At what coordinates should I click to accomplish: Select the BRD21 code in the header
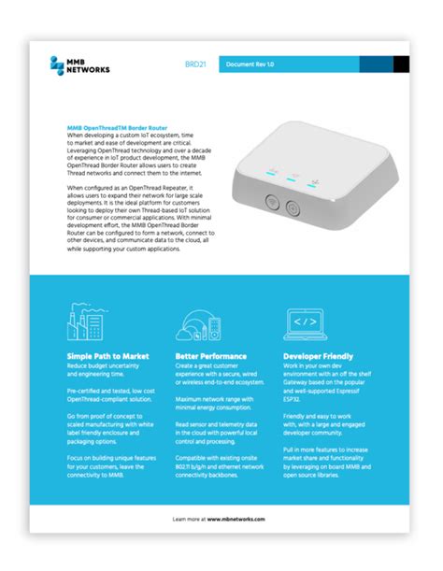pos(196,64)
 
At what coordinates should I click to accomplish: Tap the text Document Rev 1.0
pos(249,64)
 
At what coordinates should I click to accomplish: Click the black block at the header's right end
pos(400,64)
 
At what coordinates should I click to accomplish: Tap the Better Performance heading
pos(211,356)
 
